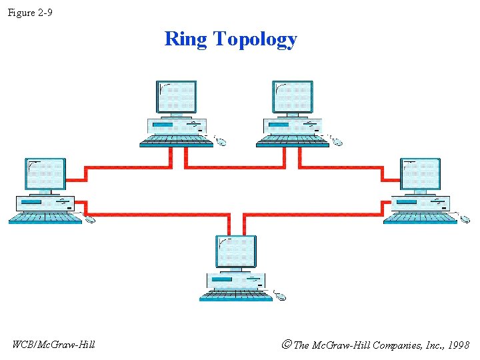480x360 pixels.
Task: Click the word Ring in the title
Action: (x=186, y=39)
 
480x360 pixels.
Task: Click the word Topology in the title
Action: (x=255, y=40)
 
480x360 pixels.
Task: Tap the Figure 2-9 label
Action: (x=30, y=12)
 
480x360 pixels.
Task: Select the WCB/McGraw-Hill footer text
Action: (x=54, y=344)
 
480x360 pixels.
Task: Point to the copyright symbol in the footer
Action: (x=287, y=345)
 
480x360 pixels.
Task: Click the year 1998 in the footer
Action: (x=458, y=345)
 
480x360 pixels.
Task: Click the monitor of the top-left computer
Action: (x=177, y=97)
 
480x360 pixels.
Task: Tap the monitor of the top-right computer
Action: (x=293, y=97)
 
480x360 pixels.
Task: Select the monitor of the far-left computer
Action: (x=46, y=175)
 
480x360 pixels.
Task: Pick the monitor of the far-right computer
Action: (x=421, y=175)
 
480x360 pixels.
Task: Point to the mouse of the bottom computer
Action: (x=280, y=296)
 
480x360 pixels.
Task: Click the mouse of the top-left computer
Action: (x=221, y=141)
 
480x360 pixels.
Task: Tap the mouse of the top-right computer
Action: (x=337, y=141)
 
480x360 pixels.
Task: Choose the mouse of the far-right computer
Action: (x=465, y=219)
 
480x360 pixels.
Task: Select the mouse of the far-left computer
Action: (x=90, y=219)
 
